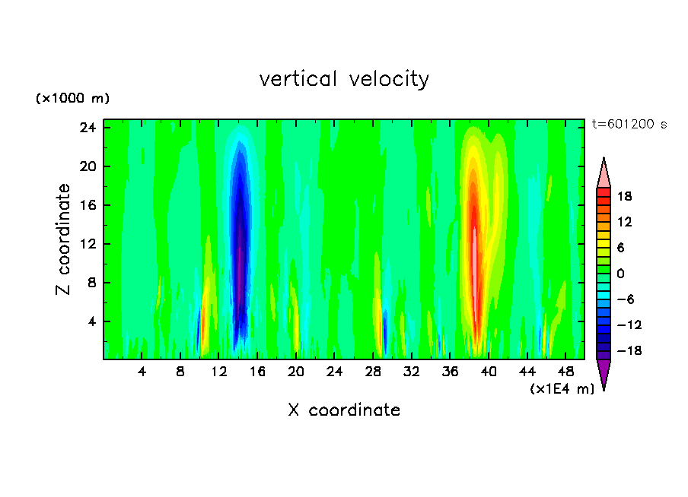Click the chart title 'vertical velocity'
coord(344,79)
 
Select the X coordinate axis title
coord(344,410)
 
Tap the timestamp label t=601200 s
coord(629,125)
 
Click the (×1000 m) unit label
coord(73,99)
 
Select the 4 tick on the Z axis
coord(94,321)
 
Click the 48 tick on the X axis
coord(565,372)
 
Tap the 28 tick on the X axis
coord(373,372)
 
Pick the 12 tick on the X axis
coord(218,372)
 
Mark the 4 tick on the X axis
coord(142,372)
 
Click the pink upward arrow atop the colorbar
coord(604,173)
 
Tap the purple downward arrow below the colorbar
coord(604,373)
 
